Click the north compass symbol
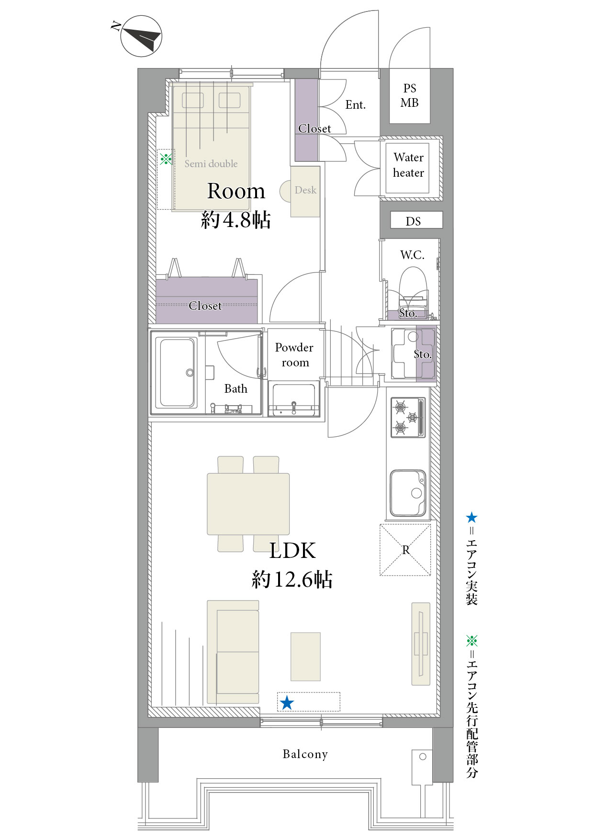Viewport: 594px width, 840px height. (141, 36)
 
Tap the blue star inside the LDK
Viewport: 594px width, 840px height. (287, 703)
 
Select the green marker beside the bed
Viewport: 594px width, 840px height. (166, 159)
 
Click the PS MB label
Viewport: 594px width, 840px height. (410, 95)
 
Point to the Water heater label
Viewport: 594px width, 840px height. (409, 165)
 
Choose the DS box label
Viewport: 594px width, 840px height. (414, 221)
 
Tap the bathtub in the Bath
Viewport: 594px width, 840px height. (177, 373)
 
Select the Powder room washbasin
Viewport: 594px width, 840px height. (294, 399)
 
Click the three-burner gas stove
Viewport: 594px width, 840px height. (408, 417)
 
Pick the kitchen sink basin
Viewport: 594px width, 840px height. (408, 493)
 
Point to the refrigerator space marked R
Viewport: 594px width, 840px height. (405, 550)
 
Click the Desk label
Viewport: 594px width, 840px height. (305, 190)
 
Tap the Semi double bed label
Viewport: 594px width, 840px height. (211, 164)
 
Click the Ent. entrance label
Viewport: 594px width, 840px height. (356, 105)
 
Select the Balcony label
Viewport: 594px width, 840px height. (305, 754)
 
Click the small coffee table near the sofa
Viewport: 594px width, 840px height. (305, 657)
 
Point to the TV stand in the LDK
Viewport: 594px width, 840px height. (421, 644)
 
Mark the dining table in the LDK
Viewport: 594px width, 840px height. (248, 504)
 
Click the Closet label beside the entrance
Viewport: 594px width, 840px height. (314, 129)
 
